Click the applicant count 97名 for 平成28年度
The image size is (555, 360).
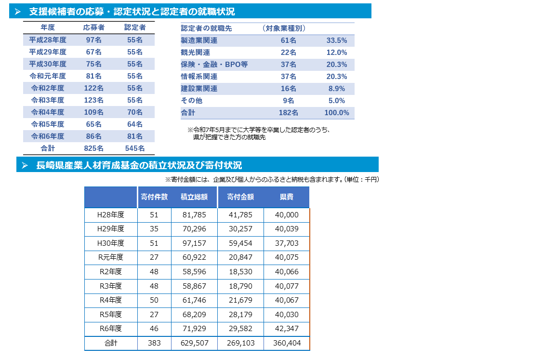tap(93, 40)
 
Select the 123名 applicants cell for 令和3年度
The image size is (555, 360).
tap(93, 100)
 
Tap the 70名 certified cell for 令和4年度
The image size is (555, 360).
tap(135, 112)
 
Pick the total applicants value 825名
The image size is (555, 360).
tap(93, 148)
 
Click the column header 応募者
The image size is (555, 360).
tap(93, 28)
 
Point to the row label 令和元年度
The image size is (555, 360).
tap(48, 76)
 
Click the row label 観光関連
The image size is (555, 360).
tap(195, 53)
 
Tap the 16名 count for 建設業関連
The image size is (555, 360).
tap(289, 89)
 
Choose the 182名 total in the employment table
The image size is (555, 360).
tap(289, 113)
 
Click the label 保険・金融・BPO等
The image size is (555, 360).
tap(214, 65)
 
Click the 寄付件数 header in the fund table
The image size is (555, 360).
tap(154, 197)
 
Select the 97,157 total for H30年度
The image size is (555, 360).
tap(194, 243)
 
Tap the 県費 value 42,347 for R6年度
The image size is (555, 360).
tap(287, 329)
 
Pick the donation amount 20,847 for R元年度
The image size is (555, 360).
tap(240, 257)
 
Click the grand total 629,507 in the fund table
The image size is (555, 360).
tap(194, 343)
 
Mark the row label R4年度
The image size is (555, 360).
tap(110, 300)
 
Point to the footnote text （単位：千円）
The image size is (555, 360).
tap(361, 180)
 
